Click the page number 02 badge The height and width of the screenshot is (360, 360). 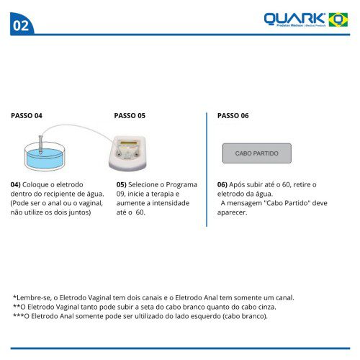click(x=22, y=24)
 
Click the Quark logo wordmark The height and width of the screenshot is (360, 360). click(x=294, y=19)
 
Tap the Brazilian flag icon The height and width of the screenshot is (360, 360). click(x=338, y=19)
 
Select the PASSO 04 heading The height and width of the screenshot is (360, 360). click(x=27, y=116)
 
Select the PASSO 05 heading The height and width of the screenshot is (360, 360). click(x=130, y=116)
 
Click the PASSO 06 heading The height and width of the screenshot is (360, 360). click(x=233, y=116)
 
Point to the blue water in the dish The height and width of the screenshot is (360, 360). click(x=45, y=158)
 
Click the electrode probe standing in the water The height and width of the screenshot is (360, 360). click(x=40, y=144)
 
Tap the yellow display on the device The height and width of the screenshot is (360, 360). click(x=129, y=143)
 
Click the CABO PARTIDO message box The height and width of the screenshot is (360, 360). click(x=257, y=153)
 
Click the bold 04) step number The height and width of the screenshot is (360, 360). click(x=16, y=185)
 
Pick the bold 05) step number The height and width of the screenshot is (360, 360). click(x=122, y=185)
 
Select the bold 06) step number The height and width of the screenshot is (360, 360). click(x=222, y=185)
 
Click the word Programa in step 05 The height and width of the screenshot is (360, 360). click(x=181, y=185)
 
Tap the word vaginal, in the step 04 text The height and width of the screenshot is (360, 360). click(x=91, y=204)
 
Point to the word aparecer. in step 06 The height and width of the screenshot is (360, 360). click(x=232, y=212)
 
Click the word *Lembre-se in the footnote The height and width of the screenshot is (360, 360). click(x=32, y=298)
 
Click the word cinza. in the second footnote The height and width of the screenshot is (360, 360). click(x=267, y=307)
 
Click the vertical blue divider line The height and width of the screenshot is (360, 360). click(x=207, y=169)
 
